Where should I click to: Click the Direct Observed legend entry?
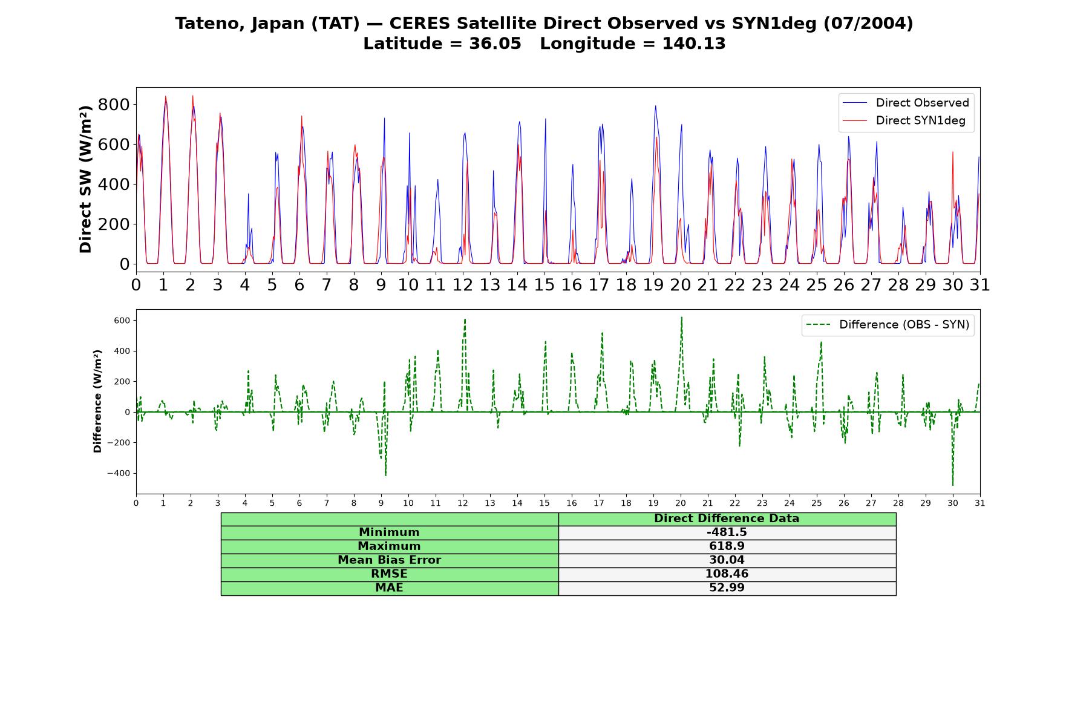(906, 103)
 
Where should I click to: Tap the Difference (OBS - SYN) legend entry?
(888, 325)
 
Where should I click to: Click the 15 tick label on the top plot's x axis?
(544, 284)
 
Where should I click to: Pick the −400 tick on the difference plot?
(119, 473)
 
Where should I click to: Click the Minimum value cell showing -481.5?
(727, 532)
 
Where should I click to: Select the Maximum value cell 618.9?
(727, 546)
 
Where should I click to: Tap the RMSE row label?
(389, 574)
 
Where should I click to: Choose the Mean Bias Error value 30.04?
(727, 560)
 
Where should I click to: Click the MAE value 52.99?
(727, 588)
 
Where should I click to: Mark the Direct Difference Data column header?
(727, 518)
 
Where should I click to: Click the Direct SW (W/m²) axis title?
(85, 179)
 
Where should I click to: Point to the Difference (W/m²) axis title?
(97, 401)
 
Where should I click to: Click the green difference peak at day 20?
(681, 317)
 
